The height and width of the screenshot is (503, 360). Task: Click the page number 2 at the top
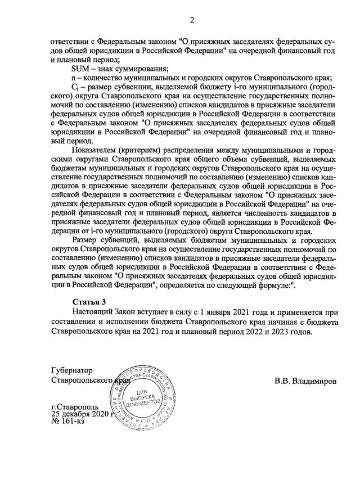(192, 21)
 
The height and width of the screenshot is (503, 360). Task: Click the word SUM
(80, 69)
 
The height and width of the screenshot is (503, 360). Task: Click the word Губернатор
(71, 371)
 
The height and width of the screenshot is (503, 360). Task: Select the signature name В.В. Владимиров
(305, 381)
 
